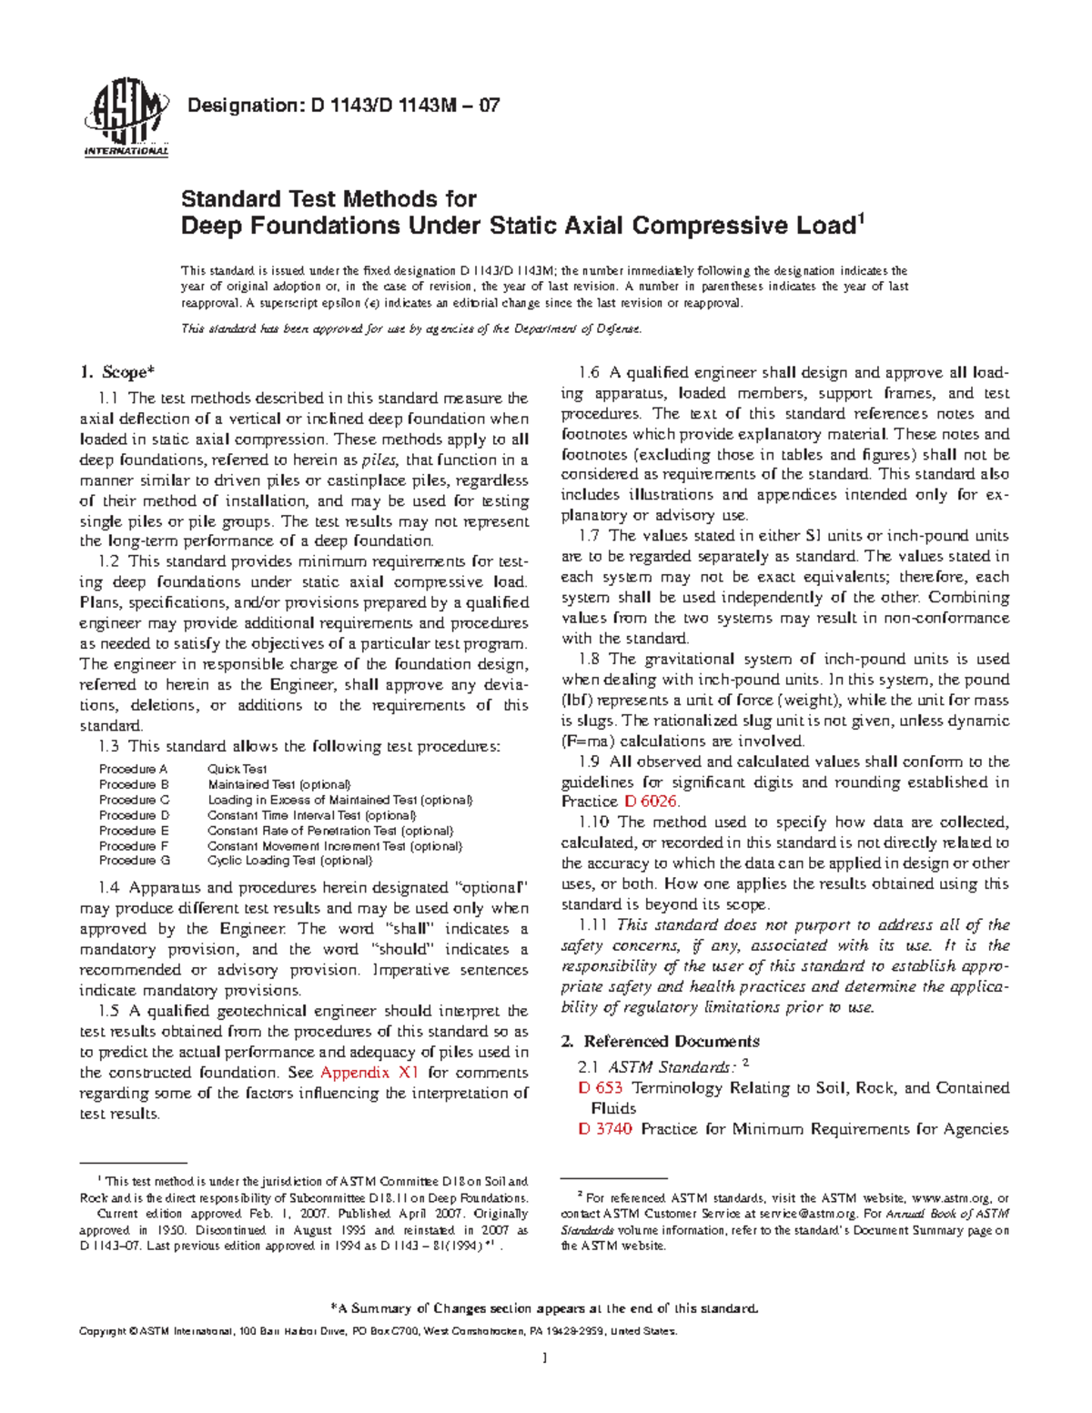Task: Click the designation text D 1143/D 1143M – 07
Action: click(342, 106)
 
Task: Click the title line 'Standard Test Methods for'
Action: click(329, 198)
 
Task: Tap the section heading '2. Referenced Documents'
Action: click(661, 1041)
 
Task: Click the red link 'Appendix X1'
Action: click(369, 1073)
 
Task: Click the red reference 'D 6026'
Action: click(652, 802)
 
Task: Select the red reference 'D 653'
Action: click(601, 1087)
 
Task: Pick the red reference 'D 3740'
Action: click(605, 1129)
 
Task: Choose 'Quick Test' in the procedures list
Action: click(237, 769)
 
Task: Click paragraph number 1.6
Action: click(590, 372)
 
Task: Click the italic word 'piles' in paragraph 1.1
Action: click(379, 460)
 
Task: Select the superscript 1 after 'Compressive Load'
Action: click(859, 217)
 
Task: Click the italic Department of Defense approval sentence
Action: click(411, 329)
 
